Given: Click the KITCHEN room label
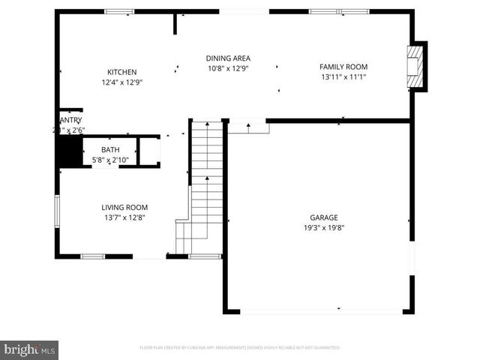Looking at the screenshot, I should click(x=121, y=72).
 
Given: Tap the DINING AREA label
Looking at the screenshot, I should click(x=228, y=58).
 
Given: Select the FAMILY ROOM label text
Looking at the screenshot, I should click(x=343, y=66).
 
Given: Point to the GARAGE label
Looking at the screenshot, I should click(x=324, y=217).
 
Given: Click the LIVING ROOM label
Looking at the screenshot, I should click(x=124, y=208).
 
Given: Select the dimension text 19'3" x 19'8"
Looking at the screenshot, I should click(x=324, y=228).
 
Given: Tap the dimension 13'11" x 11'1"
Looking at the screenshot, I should click(x=343, y=76).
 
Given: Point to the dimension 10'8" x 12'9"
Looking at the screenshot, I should click(x=228, y=68).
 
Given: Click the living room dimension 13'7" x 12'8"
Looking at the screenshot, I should click(x=124, y=218).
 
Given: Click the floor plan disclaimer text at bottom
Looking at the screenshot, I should click(x=240, y=348).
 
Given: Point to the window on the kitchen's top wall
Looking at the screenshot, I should click(x=118, y=11).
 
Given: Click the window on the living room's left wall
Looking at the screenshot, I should click(x=56, y=211).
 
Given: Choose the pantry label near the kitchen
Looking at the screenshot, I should click(x=70, y=120).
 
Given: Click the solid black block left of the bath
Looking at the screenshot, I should click(x=70, y=152).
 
